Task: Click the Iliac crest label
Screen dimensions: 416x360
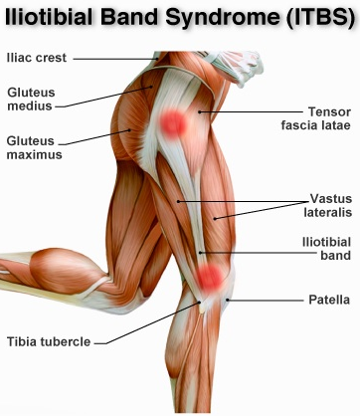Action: (x=37, y=58)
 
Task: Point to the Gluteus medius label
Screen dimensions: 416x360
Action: (x=31, y=99)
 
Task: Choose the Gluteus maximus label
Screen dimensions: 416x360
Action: (x=33, y=146)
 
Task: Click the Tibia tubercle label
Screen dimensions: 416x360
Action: (x=49, y=341)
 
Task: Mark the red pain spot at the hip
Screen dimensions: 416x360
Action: (x=175, y=122)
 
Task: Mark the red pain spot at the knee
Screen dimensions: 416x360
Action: (x=209, y=276)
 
